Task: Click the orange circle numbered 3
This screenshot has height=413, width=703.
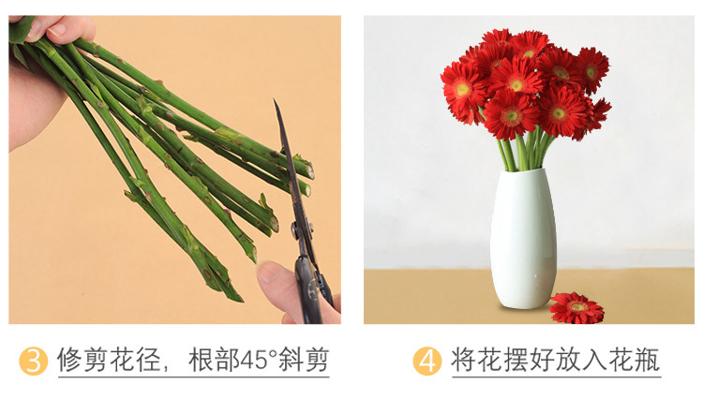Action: (33, 361)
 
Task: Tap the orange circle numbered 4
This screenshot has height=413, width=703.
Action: (426, 361)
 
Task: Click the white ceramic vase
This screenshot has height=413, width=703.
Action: (523, 239)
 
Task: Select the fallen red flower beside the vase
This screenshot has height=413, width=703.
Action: (577, 308)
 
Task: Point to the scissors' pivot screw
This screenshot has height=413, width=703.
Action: (296, 229)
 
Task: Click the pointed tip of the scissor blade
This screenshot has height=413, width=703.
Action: (275, 101)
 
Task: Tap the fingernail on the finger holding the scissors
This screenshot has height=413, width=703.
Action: (268, 272)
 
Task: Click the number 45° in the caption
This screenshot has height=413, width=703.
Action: (259, 361)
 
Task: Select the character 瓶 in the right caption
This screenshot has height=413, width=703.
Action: (647, 361)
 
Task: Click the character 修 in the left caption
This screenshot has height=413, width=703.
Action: (70, 361)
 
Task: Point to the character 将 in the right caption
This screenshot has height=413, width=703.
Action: (464, 361)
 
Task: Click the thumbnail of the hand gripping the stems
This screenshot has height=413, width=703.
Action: (59, 30)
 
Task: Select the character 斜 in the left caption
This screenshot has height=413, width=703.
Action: (291, 361)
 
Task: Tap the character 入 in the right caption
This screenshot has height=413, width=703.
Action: (594, 361)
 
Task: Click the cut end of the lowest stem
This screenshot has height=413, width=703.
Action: (237, 297)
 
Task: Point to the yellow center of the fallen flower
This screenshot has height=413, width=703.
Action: (577, 307)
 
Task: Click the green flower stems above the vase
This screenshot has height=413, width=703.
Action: (525, 150)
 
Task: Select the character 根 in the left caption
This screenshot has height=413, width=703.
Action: (201, 361)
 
